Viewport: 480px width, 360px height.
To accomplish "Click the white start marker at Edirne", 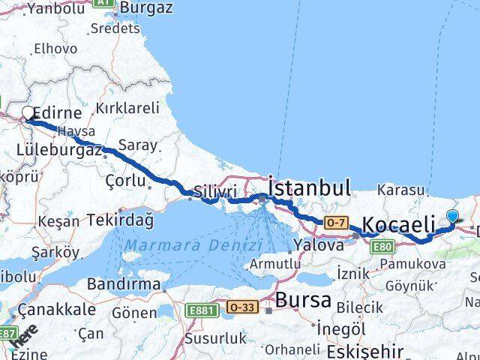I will pyautogui.click(x=28, y=113).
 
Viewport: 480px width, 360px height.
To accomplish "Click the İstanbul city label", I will pyautogui.click(x=310, y=187).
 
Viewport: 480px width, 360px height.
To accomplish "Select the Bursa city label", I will pyautogui.click(x=303, y=300).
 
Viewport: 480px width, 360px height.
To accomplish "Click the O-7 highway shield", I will pyautogui.click(x=334, y=222).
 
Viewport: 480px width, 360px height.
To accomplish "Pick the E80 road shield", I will pyautogui.click(x=383, y=245).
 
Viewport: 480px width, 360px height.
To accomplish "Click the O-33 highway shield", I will pyautogui.click(x=241, y=307).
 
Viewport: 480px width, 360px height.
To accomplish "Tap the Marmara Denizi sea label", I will pyautogui.click(x=193, y=246).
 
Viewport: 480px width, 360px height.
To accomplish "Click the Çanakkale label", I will pyautogui.click(x=57, y=309).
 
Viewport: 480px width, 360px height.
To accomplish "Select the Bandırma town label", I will pyautogui.click(x=124, y=284).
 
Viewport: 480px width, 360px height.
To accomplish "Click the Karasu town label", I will pyautogui.click(x=401, y=190).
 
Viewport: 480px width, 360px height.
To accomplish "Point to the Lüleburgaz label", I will pyautogui.click(x=59, y=150).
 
